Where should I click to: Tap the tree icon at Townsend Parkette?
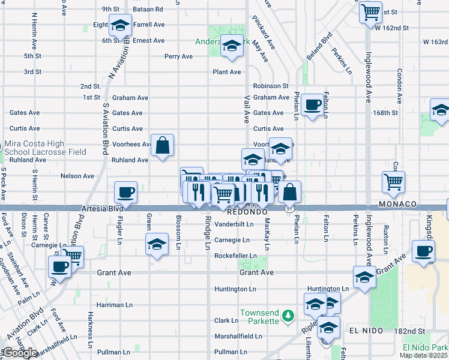pos(288,314)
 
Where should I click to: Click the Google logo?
pos(20,353)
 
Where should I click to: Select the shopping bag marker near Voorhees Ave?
pos(162,145)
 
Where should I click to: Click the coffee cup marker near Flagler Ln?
pos(125,193)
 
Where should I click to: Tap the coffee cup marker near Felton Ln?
pos(312,105)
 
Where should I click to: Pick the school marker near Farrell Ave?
pos(120,26)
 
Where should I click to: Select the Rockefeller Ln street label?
pos(236,256)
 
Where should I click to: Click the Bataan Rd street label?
pos(150,9)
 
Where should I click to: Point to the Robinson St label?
pos(271,86)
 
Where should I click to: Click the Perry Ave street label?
pos(179,56)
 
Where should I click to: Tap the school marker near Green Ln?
pos(157,245)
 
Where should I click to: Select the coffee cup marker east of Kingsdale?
pos(423,251)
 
